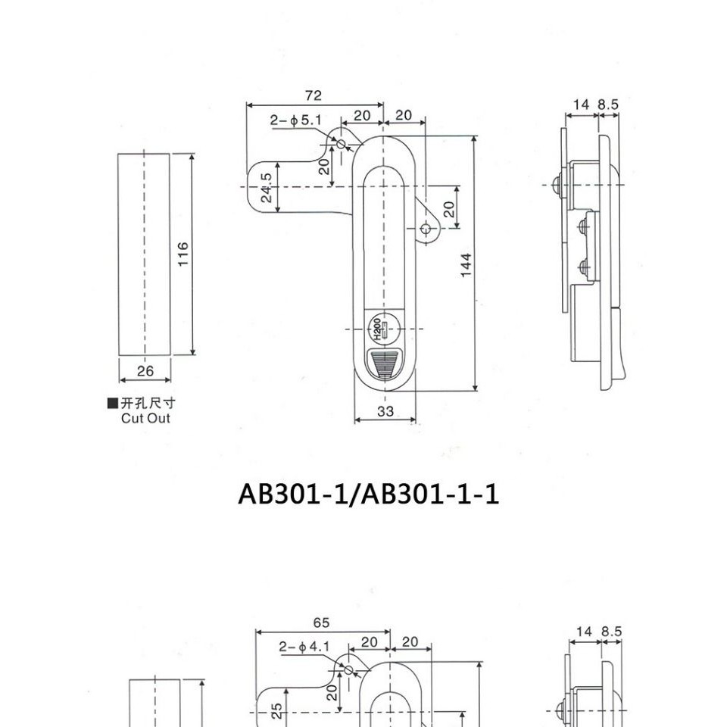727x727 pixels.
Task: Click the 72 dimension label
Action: tap(314, 95)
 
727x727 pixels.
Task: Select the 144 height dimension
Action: tap(466, 265)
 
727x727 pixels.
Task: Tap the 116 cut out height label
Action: tap(183, 254)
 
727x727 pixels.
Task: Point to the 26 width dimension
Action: tap(145, 370)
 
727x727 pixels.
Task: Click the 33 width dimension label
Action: tap(385, 410)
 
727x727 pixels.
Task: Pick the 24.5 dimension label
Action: tap(266, 188)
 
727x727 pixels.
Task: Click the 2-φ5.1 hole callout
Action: tap(296, 120)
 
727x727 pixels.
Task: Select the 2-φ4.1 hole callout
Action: tap(304, 646)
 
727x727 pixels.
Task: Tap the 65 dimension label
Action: tap(321, 622)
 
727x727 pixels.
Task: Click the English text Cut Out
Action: tap(145, 418)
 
